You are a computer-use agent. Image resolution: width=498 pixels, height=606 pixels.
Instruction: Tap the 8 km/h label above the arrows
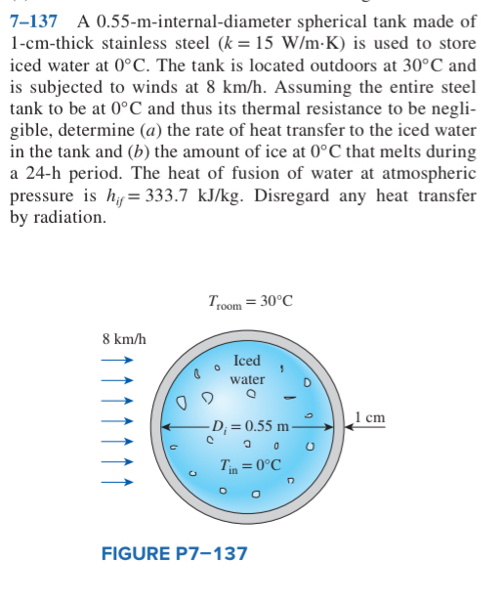[124, 339]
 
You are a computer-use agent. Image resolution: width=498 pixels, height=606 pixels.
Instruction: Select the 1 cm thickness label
[372, 417]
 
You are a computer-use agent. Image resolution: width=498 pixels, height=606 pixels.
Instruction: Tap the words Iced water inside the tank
[247, 369]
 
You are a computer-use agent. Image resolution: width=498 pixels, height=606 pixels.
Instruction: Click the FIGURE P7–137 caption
[175, 554]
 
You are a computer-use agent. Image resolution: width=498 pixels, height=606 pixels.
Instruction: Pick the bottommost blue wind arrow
[116, 482]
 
